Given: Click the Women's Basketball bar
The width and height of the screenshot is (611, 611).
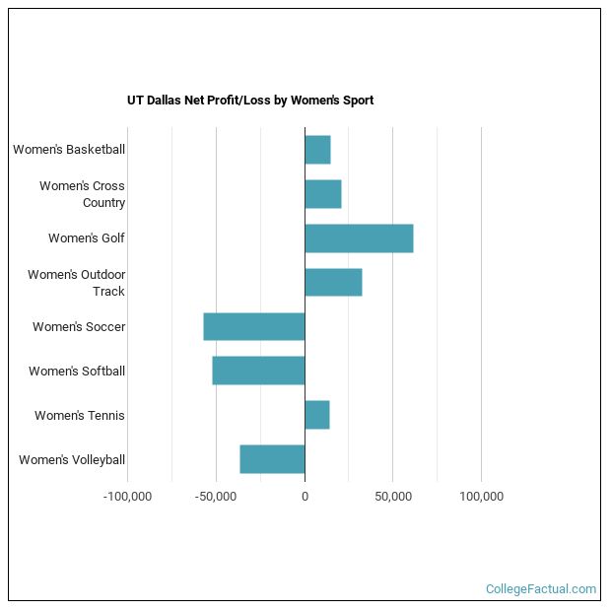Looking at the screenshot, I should click(317, 150).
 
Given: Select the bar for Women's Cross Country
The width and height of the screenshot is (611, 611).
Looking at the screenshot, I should click(323, 194).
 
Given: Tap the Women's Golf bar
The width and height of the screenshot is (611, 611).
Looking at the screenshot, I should click(359, 238).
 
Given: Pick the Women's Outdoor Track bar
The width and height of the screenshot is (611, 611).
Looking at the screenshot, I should click(333, 283).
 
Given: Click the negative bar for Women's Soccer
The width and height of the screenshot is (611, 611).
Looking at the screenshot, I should click(254, 327).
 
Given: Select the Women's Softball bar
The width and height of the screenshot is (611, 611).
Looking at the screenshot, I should click(258, 372).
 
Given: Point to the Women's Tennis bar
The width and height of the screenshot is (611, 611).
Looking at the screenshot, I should click(317, 416).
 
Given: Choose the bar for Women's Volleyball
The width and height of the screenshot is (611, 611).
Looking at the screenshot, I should click(272, 460).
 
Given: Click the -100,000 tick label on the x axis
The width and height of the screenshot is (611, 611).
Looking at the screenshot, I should click(127, 497).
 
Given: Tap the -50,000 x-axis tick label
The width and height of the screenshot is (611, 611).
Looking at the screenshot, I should click(216, 497).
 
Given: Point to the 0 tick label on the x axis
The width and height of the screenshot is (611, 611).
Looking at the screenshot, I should click(305, 497).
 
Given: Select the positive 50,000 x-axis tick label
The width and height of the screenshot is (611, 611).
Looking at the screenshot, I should click(393, 497).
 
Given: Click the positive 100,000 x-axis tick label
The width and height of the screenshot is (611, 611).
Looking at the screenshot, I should click(481, 497).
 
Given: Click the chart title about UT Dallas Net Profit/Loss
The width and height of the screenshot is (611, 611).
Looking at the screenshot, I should click(250, 101).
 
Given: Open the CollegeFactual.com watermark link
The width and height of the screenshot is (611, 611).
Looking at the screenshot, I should click(540, 589).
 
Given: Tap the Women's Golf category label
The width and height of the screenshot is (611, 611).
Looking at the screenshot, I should click(87, 238).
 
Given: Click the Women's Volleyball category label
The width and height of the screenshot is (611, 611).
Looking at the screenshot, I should click(72, 460).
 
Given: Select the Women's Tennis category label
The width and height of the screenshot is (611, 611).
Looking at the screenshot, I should click(80, 416).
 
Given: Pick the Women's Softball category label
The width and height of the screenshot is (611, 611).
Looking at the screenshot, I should click(77, 372).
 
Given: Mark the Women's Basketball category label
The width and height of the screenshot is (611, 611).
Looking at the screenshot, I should click(69, 150).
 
